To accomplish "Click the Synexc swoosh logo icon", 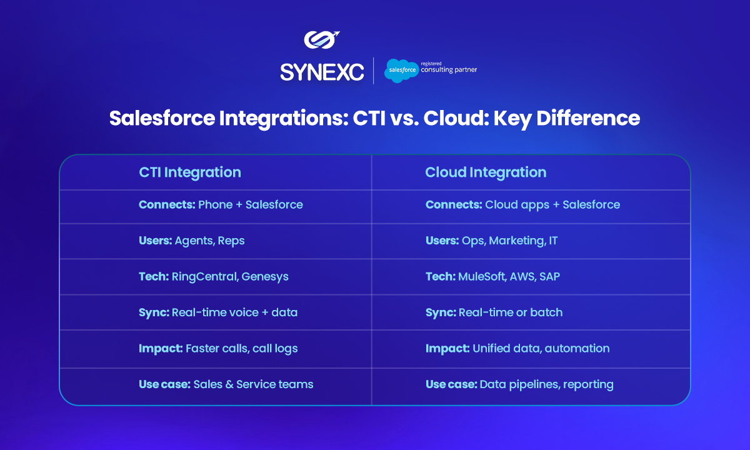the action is tap(321, 40).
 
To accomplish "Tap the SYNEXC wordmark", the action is tap(322, 72).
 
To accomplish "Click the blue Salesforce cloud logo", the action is tap(401, 71).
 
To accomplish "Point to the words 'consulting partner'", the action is tap(449, 69).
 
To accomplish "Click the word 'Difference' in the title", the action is tap(588, 118).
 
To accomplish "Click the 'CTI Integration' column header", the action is tap(190, 172).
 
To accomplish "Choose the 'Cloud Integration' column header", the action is tap(486, 172).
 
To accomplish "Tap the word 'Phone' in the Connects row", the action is tap(215, 204).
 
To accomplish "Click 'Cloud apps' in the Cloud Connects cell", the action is tap(517, 205).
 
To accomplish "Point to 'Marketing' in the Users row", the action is tap(517, 241).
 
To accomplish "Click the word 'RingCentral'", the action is tap(205, 277).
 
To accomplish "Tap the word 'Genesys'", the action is tap(265, 277).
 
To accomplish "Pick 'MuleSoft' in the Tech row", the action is tap(482, 276).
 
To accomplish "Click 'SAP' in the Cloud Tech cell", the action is tap(549, 276).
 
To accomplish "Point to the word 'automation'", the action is tap(577, 349).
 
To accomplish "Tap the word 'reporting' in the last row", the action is tap(588, 385).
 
